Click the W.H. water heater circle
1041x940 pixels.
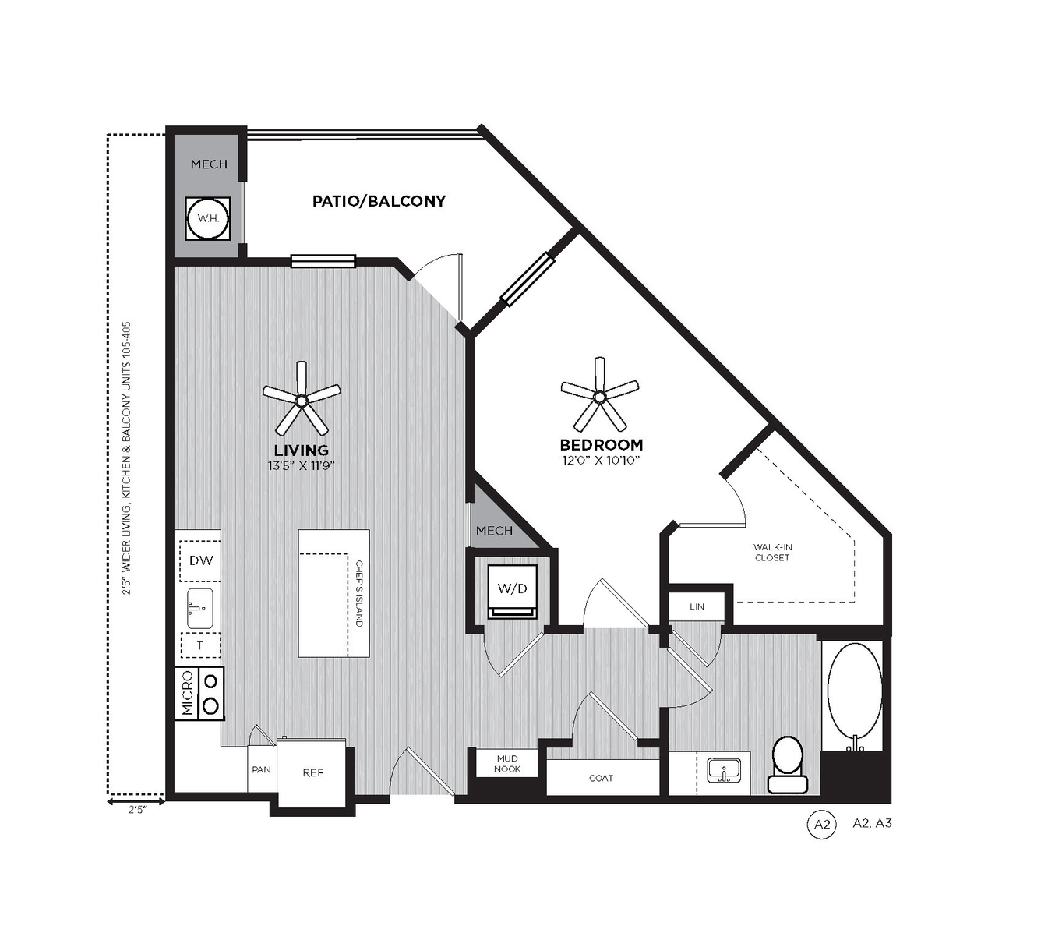(208, 219)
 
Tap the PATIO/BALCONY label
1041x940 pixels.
(379, 201)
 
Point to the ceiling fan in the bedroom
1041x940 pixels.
(599, 394)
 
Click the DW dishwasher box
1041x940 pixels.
(200, 560)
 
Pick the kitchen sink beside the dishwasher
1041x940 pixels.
(199, 608)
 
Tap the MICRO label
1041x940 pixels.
(187, 694)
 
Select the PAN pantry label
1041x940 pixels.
(262, 769)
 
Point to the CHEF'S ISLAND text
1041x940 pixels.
(358, 593)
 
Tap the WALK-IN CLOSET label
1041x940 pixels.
(772, 552)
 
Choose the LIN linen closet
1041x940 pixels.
(697, 606)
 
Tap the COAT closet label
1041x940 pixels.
(601, 778)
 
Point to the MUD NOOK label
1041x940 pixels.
(507, 763)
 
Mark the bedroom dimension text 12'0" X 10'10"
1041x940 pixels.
(599, 460)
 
